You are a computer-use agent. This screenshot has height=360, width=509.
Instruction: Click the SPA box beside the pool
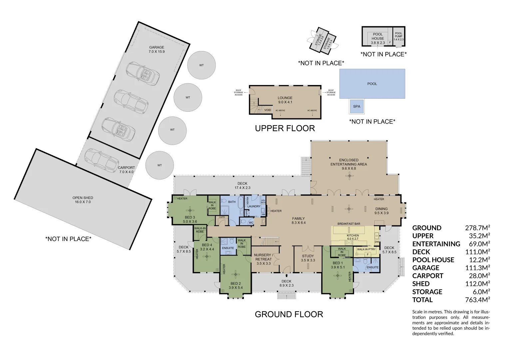[x=356, y=106]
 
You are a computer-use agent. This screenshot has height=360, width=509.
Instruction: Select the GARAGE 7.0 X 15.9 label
[x=157, y=49]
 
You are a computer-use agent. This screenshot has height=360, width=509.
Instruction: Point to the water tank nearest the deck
[x=160, y=165]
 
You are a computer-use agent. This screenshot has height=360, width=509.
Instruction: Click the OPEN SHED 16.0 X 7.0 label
[x=83, y=200]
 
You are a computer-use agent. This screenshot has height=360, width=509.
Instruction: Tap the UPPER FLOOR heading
[x=285, y=128]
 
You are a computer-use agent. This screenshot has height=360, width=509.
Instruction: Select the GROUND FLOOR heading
[x=289, y=314]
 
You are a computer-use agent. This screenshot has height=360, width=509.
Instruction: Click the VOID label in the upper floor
[x=267, y=110]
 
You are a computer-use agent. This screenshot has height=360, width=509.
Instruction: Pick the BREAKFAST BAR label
[x=348, y=224]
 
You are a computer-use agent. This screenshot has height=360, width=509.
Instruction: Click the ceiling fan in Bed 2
[x=236, y=275]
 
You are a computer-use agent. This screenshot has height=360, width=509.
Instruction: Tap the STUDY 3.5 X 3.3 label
[x=308, y=258]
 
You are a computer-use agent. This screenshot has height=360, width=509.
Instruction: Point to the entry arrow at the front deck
[x=286, y=276]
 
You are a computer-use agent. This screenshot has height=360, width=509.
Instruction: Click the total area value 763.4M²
[x=477, y=300]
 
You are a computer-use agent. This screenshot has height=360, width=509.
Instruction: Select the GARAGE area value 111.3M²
[x=477, y=268]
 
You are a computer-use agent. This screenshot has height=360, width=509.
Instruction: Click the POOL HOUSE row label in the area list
[x=433, y=260]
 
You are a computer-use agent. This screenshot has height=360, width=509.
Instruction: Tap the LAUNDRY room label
[x=254, y=206]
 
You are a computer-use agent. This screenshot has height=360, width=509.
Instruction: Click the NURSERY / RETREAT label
[x=263, y=257]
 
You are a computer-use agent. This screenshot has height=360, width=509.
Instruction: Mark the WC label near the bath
[x=251, y=223]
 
